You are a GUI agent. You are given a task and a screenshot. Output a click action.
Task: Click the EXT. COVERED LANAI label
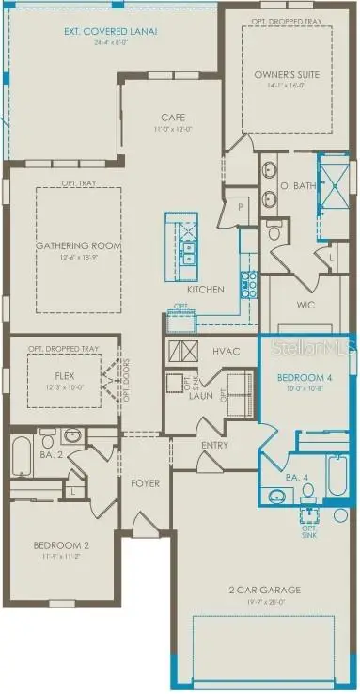point(111,30)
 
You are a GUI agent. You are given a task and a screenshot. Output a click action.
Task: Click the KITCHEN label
point(206,290)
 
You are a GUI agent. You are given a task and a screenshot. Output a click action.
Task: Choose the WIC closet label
point(303,307)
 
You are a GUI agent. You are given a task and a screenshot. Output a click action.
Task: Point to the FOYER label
point(145,483)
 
